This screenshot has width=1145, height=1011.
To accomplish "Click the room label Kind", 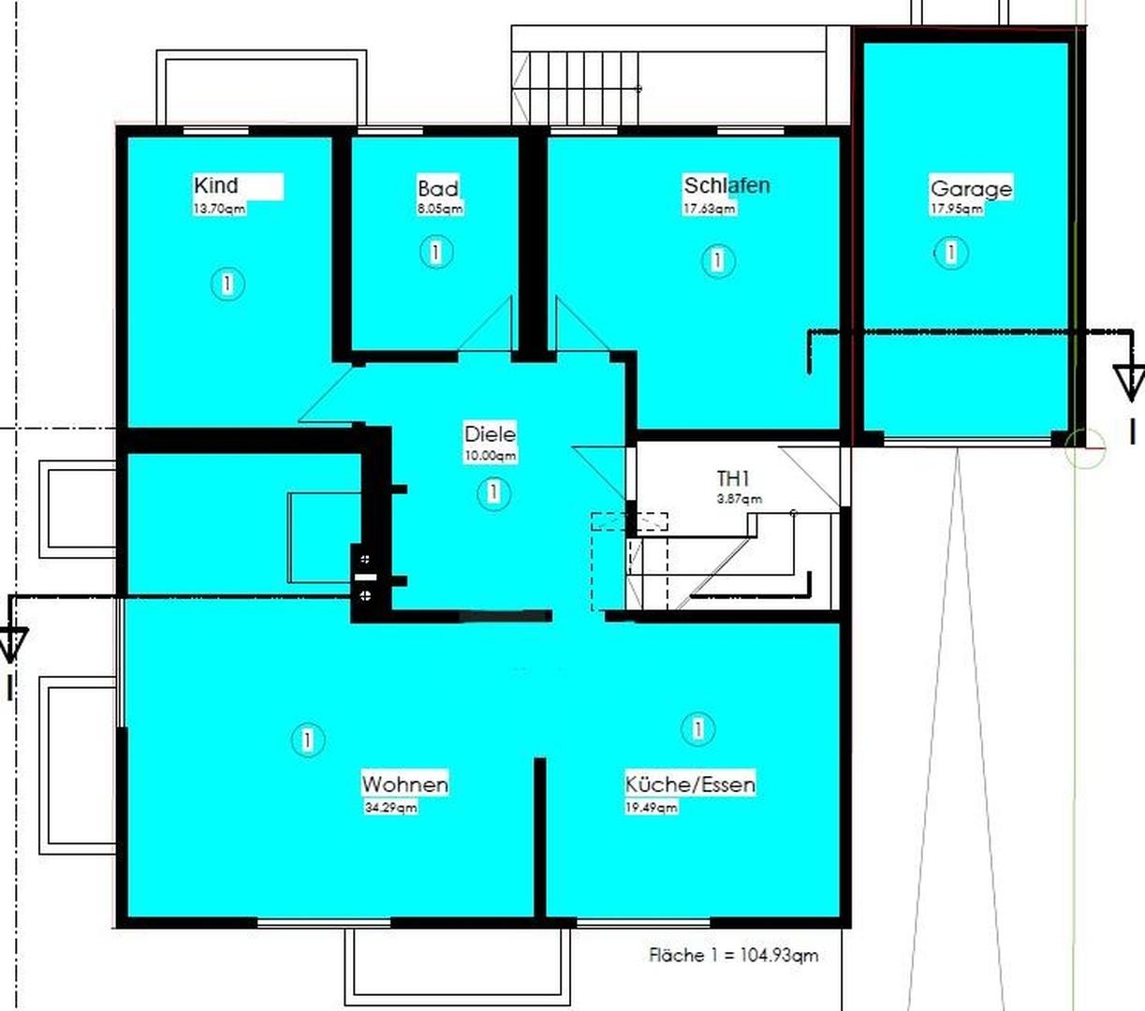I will tap(216, 185).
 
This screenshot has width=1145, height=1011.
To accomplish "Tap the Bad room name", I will tap(438, 189).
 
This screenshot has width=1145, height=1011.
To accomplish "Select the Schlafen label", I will tap(727, 185).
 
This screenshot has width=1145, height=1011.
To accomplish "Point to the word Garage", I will tap(971, 188).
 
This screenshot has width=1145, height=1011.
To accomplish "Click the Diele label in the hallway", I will tap(490, 434).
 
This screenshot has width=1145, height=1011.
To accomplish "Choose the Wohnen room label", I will tap(404, 784).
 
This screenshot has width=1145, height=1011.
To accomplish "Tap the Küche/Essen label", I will tap(690, 784).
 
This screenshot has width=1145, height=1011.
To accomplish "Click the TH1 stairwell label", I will tap(733, 479).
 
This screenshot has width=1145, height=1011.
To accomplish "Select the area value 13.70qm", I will tap(219, 209).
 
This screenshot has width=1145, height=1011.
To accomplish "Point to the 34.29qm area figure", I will tap(390, 807).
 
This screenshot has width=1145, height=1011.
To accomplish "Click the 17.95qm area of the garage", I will tap(956, 209).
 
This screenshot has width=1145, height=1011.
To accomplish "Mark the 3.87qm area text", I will tap(740, 500).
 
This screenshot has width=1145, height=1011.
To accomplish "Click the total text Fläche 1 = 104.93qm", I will tap(733, 955).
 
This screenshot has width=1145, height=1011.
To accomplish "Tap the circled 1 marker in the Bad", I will tap(435, 252).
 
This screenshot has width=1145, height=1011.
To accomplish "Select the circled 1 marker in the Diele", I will tap(493, 492).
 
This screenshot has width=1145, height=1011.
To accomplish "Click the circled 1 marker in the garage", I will tap(951, 252).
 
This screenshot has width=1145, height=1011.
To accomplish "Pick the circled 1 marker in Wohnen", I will tap(307, 740).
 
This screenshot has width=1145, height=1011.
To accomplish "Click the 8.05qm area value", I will tap(439, 210).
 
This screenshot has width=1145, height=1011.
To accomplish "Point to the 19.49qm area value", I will tap(652, 807).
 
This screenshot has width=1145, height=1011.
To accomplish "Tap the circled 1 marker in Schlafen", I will tap(717, 259).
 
